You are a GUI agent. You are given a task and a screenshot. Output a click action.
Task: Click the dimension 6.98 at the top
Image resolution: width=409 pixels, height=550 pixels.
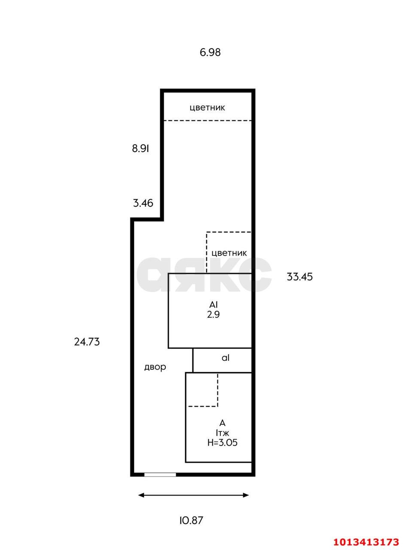(210, 52)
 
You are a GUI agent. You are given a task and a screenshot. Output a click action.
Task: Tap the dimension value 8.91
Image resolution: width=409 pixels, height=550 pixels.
(140, 149)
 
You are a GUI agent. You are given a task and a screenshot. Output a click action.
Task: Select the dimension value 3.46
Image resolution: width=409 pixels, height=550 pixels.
(143, 203)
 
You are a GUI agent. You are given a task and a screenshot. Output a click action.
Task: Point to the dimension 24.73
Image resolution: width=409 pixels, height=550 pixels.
(87, 342)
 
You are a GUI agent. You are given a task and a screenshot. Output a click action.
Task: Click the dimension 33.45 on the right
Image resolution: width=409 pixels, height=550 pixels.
(299, 277)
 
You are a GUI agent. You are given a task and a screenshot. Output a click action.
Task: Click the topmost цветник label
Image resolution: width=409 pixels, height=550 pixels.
(208, 108)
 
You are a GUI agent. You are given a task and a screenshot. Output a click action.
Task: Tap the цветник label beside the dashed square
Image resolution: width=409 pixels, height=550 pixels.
(229, 253)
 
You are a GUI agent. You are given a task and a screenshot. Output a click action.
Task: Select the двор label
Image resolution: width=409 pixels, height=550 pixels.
(155, 367)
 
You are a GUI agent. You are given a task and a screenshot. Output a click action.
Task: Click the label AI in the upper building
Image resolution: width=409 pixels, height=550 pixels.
(213, 305)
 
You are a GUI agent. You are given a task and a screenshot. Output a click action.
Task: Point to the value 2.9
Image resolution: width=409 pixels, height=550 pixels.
(213, 315)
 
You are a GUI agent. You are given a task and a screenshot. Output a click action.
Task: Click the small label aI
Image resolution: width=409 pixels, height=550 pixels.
(226, 358)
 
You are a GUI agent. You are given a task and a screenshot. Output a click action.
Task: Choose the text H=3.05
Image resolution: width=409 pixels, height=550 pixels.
(223, 443)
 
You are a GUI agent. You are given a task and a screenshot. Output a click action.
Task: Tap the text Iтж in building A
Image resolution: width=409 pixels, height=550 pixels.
(223, 433)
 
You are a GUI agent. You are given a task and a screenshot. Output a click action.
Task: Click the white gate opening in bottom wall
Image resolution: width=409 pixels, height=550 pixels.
(160, 475)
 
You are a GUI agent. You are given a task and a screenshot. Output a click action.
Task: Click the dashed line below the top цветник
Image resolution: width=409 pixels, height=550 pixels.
(208, 121)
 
